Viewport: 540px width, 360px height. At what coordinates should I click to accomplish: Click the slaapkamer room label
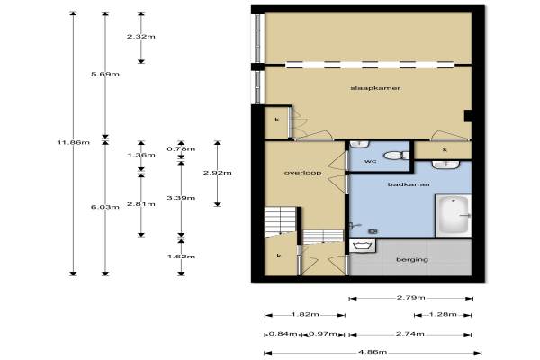point(375,88)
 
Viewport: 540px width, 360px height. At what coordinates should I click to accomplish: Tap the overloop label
point(302,173)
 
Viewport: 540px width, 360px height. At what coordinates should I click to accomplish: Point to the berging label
point(412,259)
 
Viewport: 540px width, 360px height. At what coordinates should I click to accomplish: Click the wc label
point(370,161)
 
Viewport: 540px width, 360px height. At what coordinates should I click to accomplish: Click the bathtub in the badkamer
point(453,216)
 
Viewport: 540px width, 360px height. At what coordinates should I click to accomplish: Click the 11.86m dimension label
point(74,142)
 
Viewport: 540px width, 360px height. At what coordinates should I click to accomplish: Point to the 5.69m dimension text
point(105,74)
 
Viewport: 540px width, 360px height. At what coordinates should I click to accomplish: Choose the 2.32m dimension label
point(141,37)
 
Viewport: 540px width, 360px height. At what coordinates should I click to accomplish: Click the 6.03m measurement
point(105,207)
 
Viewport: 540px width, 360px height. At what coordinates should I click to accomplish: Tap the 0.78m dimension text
point(181,148)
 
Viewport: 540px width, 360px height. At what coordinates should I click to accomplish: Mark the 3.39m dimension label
point(181,198)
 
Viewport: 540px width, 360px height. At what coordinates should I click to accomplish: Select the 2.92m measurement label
point(217,173)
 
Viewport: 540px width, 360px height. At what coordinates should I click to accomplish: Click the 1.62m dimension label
point(182,256)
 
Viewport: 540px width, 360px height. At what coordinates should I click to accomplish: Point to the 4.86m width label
point(373,352)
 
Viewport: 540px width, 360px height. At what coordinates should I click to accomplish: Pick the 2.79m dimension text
point(411,298)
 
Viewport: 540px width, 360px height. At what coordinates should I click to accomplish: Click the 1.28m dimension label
point(443,314)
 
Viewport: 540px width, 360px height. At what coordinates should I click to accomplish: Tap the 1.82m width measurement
point(305,314)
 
